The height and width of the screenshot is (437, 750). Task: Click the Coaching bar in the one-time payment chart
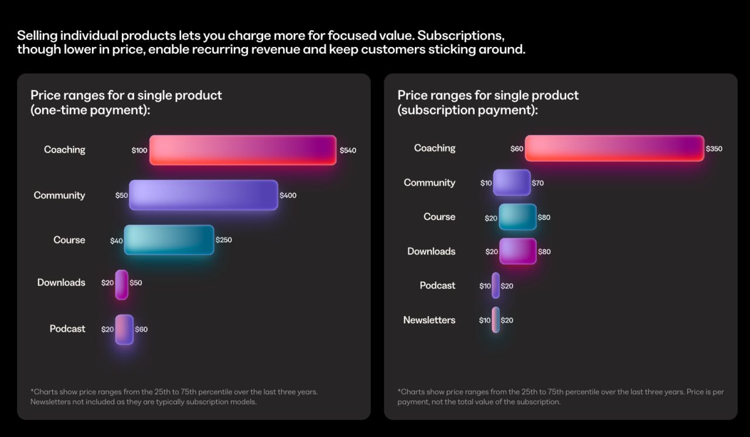(243, 150)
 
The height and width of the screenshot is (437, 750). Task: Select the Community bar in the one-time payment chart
(203, 195)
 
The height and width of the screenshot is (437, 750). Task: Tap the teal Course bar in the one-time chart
(169, 240)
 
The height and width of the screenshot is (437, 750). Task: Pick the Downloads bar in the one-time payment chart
(122, 284)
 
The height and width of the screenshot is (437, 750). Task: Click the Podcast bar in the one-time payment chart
(124, 329)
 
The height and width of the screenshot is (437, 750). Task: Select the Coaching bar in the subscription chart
(614, 148)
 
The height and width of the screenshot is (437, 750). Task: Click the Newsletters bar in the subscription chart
(496, 320)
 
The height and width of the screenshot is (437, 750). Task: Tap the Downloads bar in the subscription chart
(517, 251)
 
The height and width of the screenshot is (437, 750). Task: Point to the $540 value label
(347, 150)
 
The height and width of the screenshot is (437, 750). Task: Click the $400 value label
(288, 195)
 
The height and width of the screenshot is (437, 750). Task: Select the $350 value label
(714, 149)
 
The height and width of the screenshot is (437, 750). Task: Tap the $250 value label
(224, 240)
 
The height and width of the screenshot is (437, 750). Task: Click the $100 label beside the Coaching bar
(139, 151)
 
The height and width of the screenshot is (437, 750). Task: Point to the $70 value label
(537, 183)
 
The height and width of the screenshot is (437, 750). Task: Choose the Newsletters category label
(429, 320)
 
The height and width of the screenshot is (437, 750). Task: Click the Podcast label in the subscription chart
(437, 286)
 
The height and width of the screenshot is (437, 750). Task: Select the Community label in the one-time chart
(59, 195)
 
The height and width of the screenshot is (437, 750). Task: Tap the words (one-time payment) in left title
(90, 110)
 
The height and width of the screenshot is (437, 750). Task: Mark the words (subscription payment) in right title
(467, 110)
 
